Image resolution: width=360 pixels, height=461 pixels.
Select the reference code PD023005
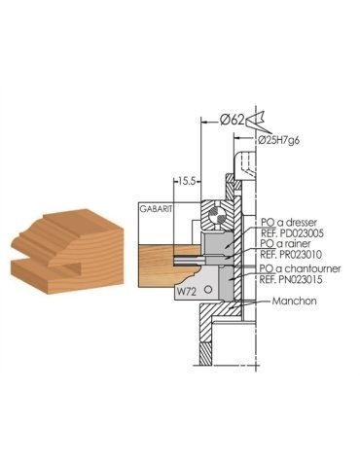pos(295,234)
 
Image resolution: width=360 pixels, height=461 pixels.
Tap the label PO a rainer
pos(284,245)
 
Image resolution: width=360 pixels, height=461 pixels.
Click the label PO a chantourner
pos(295,267)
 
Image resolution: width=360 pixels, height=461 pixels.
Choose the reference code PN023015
pos(295,278)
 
